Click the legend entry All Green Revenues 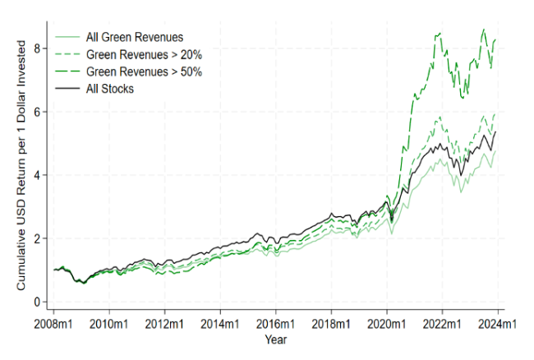(135, 36)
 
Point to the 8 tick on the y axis (35, 48)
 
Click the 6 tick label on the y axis (35, 112)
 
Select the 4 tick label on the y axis (35, 175)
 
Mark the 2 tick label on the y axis (35, 238)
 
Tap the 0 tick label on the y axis (35, 302)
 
